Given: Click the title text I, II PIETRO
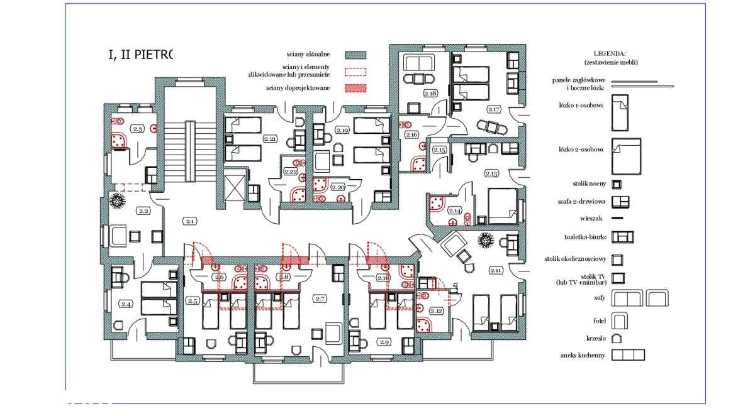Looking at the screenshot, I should (140, 55).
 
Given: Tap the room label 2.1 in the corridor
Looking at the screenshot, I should (189, 221).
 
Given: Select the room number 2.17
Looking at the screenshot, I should (493, 109).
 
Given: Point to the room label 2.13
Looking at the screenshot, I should (491, 172).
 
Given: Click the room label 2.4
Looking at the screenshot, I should (126, 304).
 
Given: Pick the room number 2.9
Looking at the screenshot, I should (383, 342).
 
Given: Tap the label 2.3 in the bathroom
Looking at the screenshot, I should (137, 129).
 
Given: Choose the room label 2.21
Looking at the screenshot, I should (271, 138).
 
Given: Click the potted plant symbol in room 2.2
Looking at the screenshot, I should (118, 202).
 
